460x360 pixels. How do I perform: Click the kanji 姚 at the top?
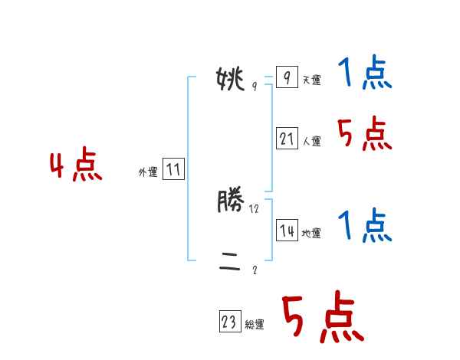point(230,77)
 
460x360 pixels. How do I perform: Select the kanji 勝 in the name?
point(230,202)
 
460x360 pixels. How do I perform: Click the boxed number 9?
point(286,77)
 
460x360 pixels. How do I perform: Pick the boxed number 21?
point(287,139)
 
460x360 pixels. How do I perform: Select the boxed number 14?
point(287,231)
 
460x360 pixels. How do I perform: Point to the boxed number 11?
point(173,169)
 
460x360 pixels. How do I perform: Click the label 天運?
point(311,80)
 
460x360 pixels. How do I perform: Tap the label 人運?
point(311,142)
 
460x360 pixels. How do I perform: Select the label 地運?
point(311,234)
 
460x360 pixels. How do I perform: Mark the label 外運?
point(148,172)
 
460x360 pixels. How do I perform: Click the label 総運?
point(255,326)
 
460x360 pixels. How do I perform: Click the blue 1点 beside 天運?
point(365,74)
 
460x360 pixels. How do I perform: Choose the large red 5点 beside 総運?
point(322,318)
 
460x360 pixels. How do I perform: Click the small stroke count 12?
point(255,208)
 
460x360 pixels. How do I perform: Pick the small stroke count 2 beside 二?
point(255,270)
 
